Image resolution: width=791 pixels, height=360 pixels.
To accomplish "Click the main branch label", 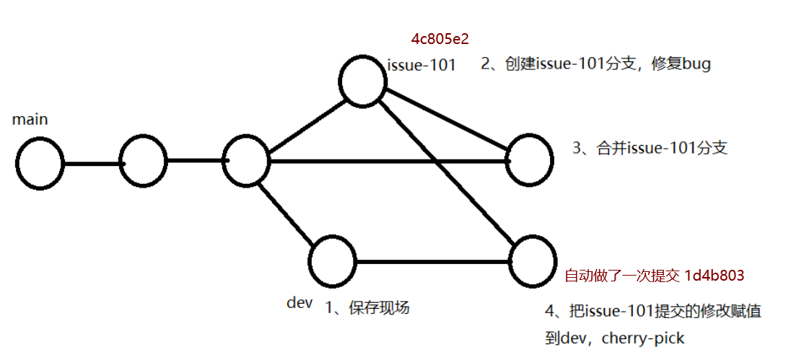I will point(30,120).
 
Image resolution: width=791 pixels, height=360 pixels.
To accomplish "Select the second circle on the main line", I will point(143,162).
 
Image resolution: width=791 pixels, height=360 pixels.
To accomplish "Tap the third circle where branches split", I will point(246,162).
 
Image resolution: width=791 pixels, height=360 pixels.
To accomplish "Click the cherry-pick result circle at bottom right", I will point(533,260).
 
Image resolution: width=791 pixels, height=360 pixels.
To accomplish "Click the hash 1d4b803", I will point(714,276).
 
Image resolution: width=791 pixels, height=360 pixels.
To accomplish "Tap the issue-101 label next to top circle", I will point(421,65).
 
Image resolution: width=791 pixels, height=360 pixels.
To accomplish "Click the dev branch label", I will point(300,303).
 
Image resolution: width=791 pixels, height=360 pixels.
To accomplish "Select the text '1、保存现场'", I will point(367,308).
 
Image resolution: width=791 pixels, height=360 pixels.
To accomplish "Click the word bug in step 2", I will point(696,63).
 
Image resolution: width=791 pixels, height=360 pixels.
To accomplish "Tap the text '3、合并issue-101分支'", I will point(650,149).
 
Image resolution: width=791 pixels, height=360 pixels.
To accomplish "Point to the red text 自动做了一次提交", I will point(621,276).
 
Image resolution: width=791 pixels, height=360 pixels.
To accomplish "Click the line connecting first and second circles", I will point(92,163).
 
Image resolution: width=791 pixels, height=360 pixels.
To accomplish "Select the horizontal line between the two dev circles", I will point(433,261).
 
